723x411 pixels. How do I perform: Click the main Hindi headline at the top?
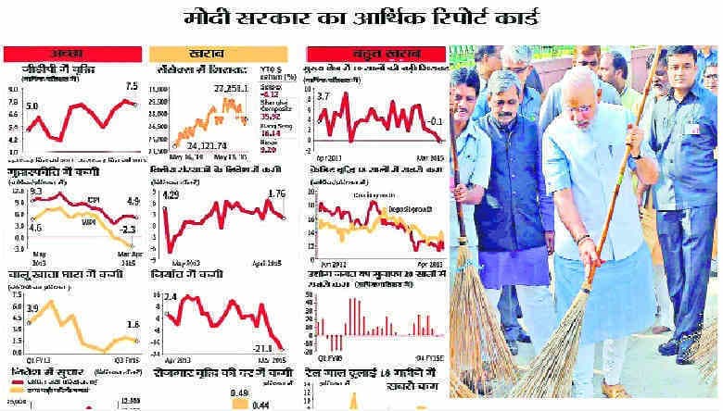click(x=361, y=18)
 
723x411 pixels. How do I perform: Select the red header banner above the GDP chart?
click(x=72, y=54)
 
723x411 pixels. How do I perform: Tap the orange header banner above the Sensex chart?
click(x=224, y=54)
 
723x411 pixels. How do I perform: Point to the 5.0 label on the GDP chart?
click(x=32, y=106)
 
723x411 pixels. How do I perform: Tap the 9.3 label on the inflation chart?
click(x=35, y=189)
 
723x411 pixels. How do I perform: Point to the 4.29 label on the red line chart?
click(x=171, y=195)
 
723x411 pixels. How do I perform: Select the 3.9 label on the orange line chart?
click(x=32, y=306)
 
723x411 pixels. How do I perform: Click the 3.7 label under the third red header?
click(x=323, y=95)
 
